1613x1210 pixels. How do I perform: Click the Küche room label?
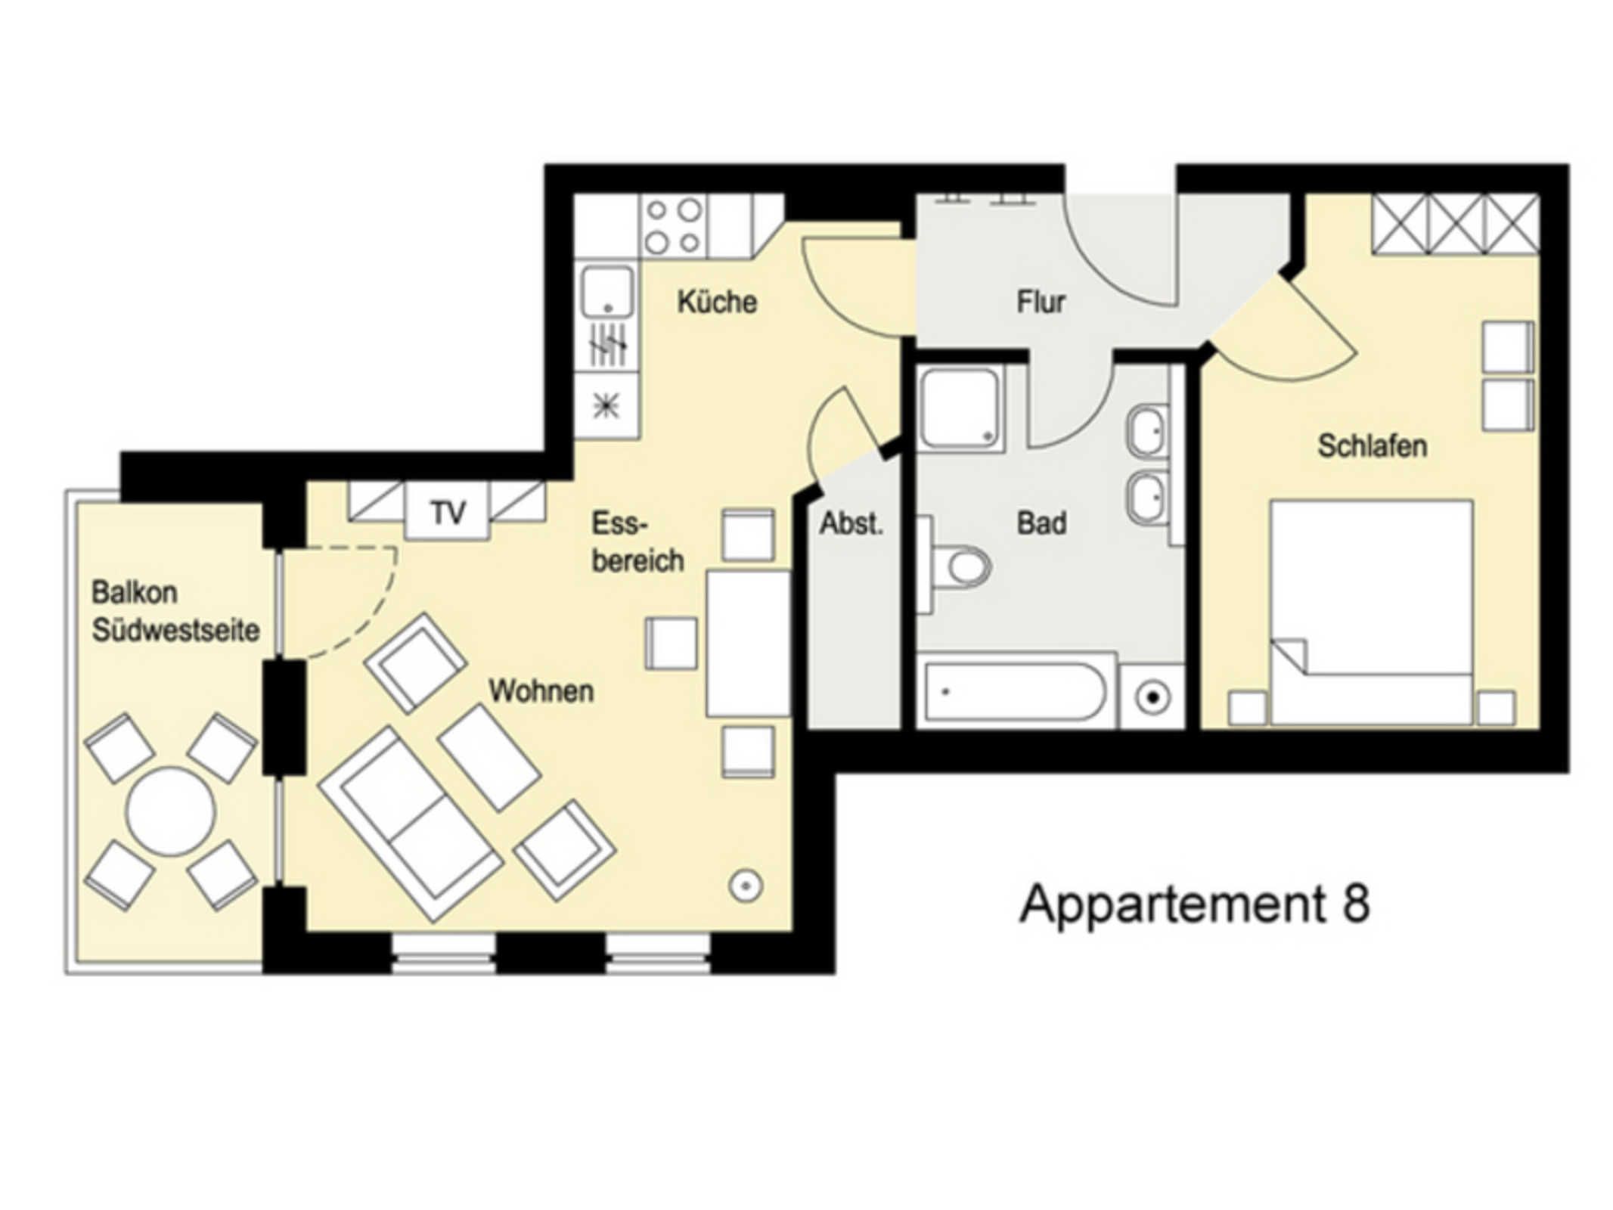716,302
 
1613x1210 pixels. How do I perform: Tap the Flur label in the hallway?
1041,302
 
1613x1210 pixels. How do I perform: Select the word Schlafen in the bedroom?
1372,445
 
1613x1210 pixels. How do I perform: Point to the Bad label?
1041,523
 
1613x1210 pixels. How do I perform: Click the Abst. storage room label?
851,523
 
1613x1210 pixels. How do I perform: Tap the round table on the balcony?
171,811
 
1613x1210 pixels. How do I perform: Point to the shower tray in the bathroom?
959,408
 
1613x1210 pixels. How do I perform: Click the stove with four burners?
673,225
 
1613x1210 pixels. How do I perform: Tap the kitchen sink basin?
606,292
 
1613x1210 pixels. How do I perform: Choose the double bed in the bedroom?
1371,612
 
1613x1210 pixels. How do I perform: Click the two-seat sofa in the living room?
411,824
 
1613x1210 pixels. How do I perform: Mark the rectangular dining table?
748,643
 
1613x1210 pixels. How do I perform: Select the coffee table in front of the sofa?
489,758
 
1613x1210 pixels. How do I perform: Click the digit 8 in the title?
1356,904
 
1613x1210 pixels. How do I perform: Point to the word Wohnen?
541,690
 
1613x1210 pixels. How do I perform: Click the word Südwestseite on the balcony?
175,629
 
